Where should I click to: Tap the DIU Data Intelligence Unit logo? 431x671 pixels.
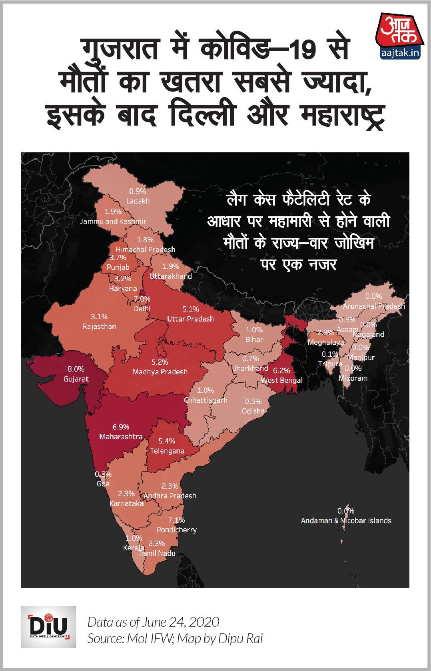49,627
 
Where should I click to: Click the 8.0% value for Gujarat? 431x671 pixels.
76,369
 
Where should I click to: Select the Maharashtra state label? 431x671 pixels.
121,437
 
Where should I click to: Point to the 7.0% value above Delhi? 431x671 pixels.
142,299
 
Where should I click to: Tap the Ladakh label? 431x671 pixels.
138,201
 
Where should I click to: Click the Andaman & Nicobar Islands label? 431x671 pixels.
346,520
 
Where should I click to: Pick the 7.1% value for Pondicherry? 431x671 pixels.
176,520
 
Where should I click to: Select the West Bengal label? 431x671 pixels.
281,380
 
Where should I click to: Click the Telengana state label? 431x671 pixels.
167,451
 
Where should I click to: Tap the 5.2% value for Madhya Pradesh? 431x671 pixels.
160,362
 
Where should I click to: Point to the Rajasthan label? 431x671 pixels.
99,326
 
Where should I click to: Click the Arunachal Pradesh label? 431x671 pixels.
374,306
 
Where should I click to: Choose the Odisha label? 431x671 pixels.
253,411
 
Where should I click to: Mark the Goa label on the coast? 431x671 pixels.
103,483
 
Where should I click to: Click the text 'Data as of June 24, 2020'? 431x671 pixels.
154,622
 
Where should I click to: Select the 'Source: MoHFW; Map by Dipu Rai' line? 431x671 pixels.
175,639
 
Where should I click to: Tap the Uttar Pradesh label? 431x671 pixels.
190,319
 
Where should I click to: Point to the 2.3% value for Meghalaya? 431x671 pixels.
325,333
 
